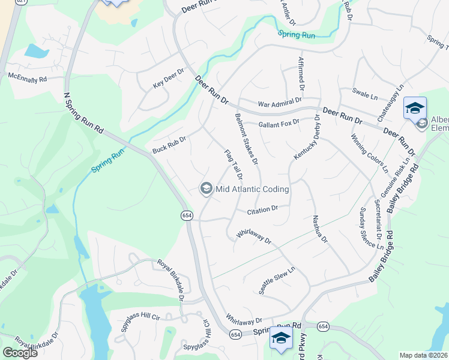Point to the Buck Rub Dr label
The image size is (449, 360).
click(169, 145)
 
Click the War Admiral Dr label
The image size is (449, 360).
click(280, 104)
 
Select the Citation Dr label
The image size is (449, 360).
click(263, 209)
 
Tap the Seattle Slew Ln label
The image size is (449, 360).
click(277, 280)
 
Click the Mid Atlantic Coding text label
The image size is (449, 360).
click(252, 189)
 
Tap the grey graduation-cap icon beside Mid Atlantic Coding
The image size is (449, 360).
click(206, 189)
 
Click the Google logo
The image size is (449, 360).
click(20, 353)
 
